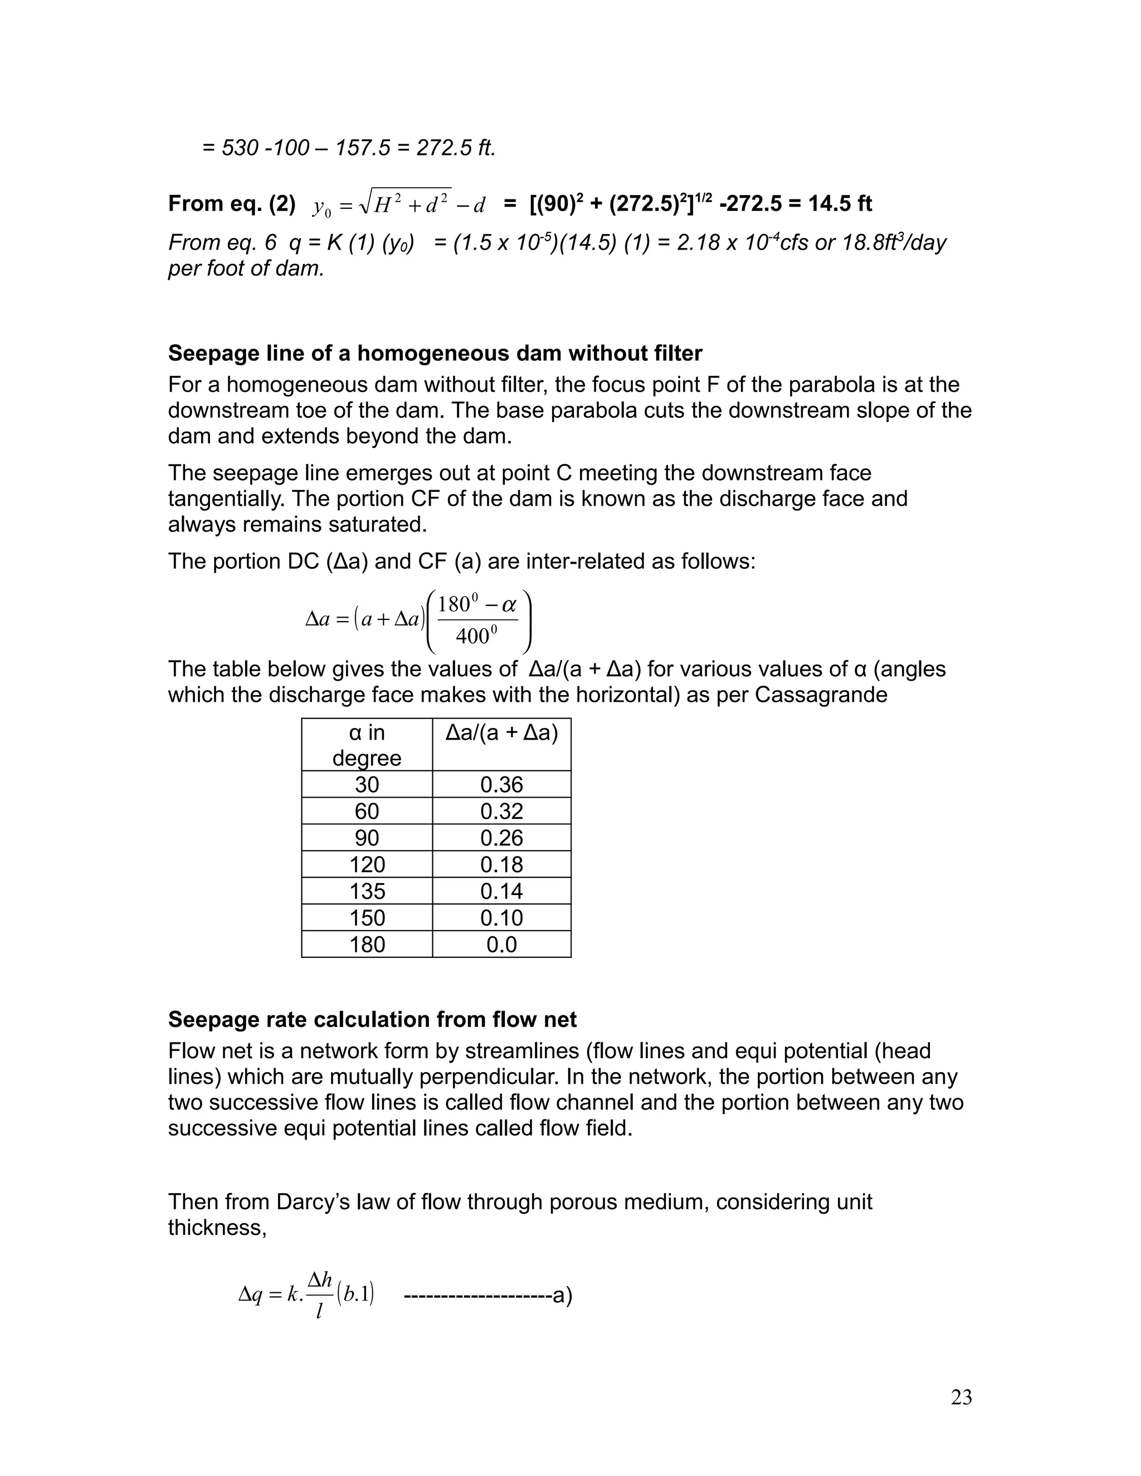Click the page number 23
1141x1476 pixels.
tap(961, 1397)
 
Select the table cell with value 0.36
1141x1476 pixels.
tap(501, 785)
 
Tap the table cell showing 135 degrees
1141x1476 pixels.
tap(367, 891)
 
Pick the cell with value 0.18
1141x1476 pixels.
tap(501, 864)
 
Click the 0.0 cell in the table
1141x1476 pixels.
tap(501, 944)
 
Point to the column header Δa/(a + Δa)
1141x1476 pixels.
tap(501, 734)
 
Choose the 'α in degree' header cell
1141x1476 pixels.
tap(367, 745)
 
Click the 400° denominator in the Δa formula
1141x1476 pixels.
tap(476, 636)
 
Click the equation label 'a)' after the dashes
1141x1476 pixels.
tap(562, 1296)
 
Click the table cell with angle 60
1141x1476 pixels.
tap(367, 811)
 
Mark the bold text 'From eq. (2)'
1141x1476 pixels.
tap(232, 203)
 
